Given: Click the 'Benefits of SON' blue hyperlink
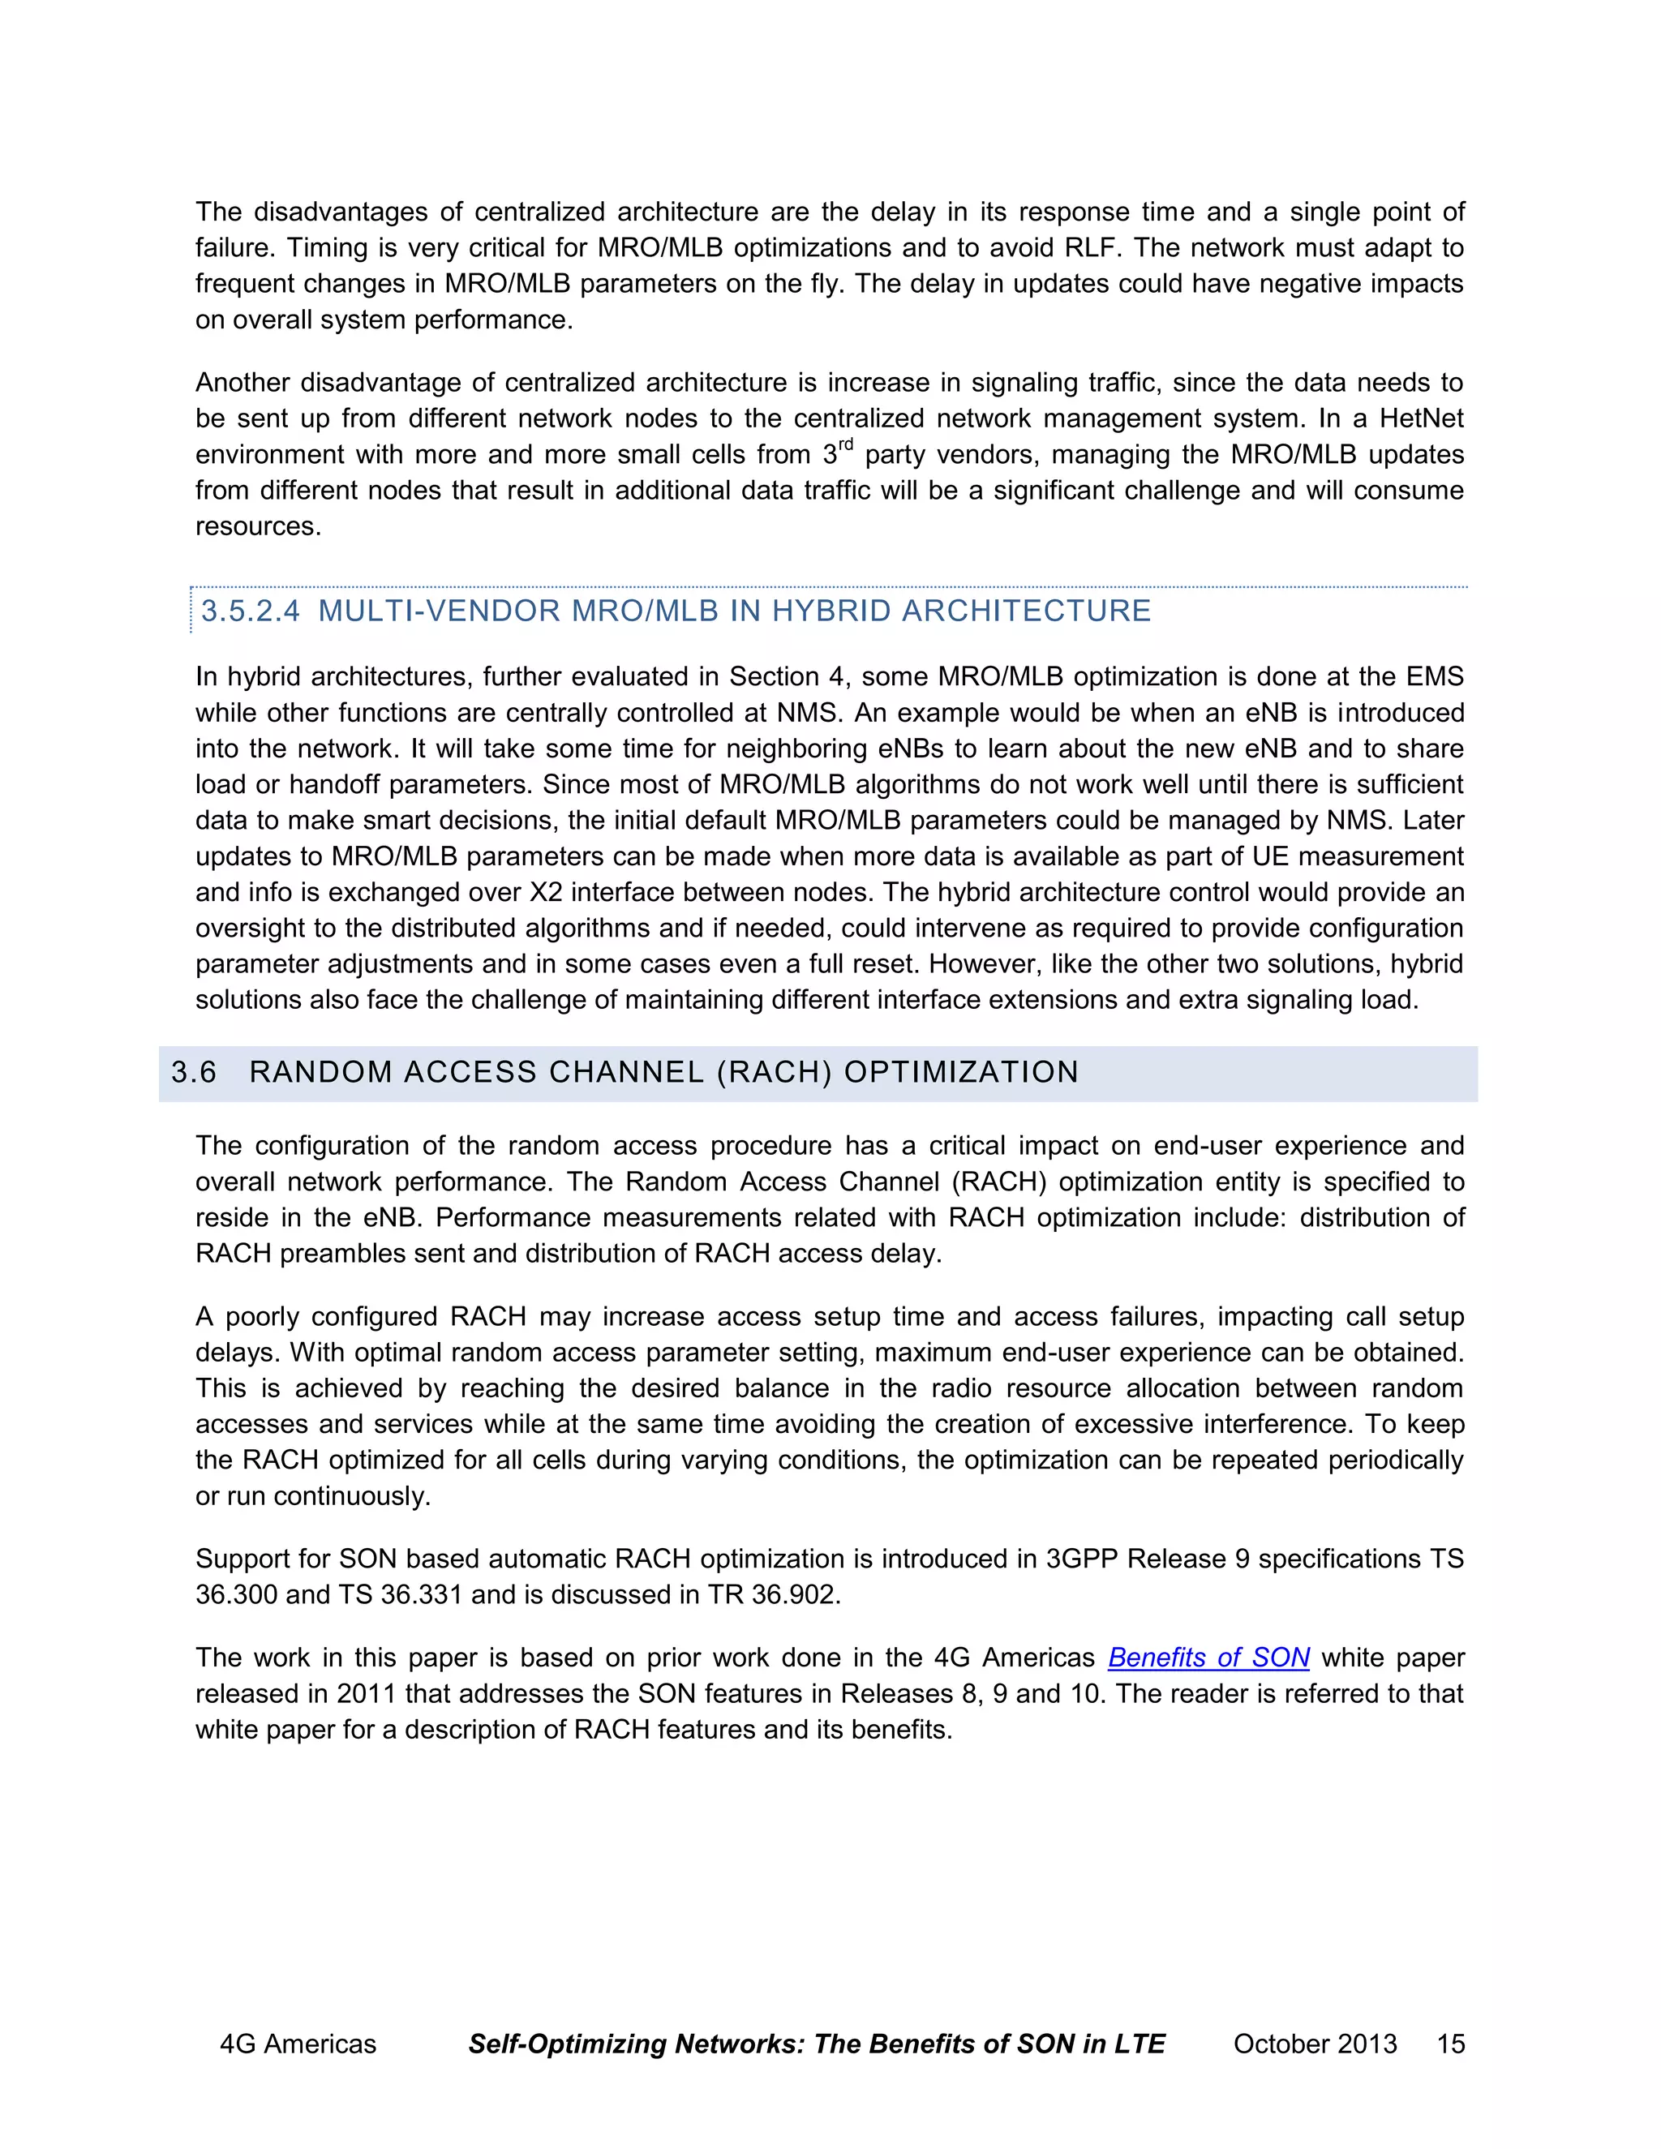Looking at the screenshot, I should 1208,1658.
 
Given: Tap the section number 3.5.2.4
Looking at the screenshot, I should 250,611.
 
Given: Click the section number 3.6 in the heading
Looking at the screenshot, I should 194,1073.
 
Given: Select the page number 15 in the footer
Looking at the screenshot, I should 1450,2044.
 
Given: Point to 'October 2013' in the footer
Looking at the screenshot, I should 1315,2044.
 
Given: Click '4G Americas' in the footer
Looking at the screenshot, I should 297,2044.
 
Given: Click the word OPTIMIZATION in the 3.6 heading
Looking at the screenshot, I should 961,1073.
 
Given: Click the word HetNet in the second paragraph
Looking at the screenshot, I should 1421,419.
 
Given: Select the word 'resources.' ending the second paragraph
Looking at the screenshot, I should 258,526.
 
